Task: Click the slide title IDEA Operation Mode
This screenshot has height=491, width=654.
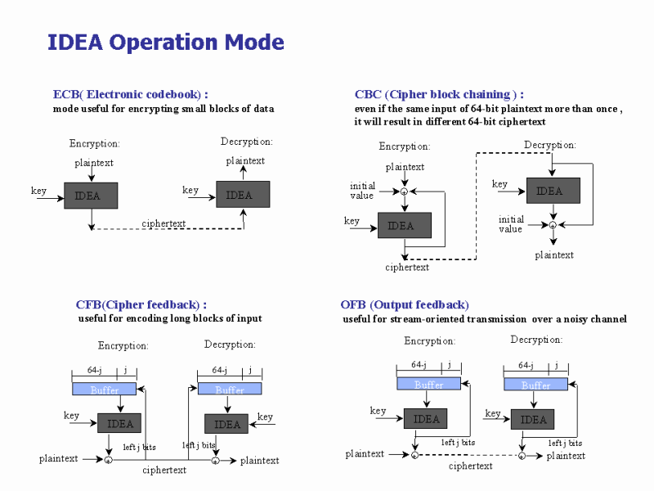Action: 166,43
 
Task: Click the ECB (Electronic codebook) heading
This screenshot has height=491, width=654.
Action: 130,94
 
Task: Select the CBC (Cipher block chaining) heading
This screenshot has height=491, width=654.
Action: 439,94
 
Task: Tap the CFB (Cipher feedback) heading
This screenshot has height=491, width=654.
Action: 141,305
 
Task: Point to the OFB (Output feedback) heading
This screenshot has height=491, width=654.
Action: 405,305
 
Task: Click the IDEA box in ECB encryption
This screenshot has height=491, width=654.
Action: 91,196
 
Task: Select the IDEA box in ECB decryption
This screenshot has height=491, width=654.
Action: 243,195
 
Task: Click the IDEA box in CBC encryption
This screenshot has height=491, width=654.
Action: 404,225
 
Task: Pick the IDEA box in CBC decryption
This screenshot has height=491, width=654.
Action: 553,191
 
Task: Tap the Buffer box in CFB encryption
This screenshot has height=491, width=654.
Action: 105,390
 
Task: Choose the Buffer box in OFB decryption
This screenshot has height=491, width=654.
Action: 535,385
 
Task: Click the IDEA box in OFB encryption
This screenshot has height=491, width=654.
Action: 426,418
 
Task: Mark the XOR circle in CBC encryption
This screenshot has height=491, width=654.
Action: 404,191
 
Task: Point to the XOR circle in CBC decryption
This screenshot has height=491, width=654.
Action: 553,224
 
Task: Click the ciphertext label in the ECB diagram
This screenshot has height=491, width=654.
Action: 163,223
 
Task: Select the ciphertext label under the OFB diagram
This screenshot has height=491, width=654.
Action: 471,466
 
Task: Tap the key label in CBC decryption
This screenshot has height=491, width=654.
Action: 499,184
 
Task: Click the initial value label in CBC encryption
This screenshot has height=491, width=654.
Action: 362,191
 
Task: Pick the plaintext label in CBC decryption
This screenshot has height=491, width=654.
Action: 554,255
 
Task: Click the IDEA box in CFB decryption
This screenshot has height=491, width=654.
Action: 226,424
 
